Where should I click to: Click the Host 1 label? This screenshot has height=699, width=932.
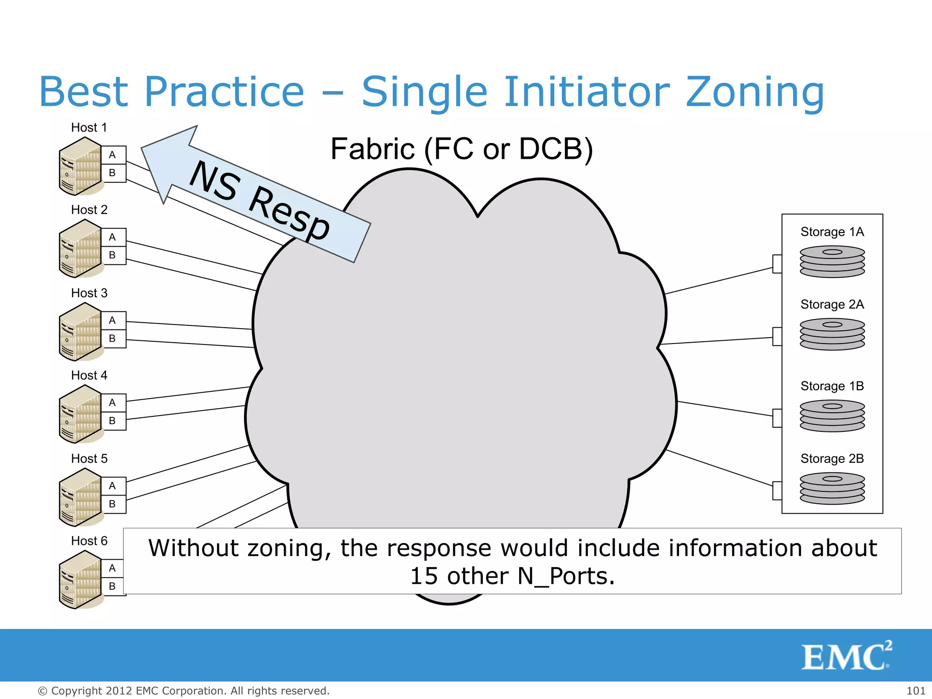(x=89, y=127)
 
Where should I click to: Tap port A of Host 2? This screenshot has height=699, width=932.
(x=112, y=237)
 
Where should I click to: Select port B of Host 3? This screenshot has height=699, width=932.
(x=112, y=339)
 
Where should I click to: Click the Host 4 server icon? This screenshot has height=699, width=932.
(x=80, y=414)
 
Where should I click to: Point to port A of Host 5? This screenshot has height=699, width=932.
(x=112, y=486)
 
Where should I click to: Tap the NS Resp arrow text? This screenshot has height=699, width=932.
(x=259, y=200)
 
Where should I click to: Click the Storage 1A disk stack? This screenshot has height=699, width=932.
(x=832, y=262)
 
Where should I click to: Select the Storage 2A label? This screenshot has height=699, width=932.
(x=832, y=304)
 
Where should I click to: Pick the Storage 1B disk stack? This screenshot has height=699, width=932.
(x=832, y=415)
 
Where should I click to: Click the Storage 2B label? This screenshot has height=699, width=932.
(x=832, y=459)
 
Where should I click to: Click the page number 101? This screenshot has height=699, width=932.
(x=916, y=691)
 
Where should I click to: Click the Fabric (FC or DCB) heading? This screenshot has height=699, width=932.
(x=461, y=149)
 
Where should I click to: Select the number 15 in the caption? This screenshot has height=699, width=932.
(x=423, y=576)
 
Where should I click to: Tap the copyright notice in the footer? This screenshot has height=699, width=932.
(x=183, y=691)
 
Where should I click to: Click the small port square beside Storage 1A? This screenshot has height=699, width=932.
(x=777, y=264)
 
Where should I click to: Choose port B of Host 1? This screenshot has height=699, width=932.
(x=112, y=173)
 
